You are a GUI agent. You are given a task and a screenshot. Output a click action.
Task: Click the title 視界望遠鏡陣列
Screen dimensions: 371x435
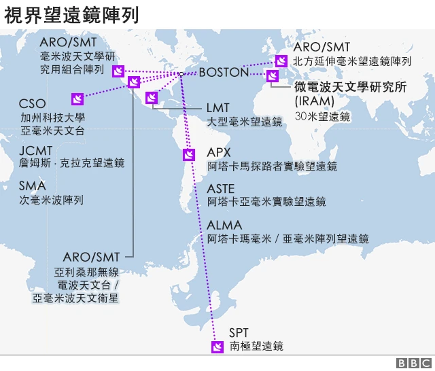point(72,14)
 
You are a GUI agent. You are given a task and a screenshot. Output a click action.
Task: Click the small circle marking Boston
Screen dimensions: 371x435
point(182,73)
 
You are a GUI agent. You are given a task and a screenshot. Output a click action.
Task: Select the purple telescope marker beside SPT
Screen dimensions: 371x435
point(217,348)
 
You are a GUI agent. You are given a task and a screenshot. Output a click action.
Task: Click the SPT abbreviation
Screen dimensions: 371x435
point(239,332)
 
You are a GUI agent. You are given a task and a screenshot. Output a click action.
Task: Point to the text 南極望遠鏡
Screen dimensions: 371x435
point(256,347)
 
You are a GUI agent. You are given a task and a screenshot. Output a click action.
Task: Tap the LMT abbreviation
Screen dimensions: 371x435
point(218,108)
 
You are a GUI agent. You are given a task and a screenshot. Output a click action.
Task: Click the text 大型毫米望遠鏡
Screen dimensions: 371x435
point(245,122)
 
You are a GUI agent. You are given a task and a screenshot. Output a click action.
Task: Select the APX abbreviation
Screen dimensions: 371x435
point(220,152)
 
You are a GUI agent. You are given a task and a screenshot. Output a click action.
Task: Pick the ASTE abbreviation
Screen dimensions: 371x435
point(222,188)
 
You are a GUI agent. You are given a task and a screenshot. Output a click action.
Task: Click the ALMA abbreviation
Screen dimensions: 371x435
point(224,225)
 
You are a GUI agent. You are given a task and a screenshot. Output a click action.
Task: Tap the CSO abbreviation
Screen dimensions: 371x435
point(33,103)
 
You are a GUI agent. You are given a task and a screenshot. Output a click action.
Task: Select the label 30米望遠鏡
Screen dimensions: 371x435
point(322,116)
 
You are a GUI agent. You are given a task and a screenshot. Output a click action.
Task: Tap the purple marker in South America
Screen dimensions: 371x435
point(189,155)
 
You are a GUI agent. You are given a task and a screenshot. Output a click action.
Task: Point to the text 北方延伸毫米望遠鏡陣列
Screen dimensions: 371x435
point(352,61)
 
